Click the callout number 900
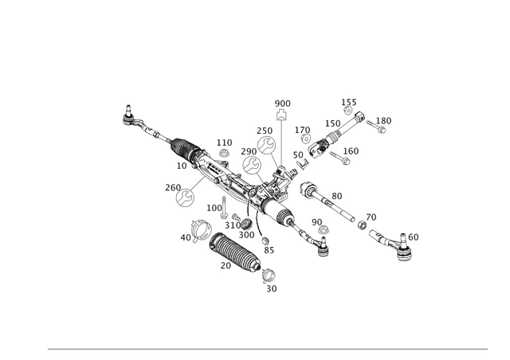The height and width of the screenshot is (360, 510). tap(283, 104)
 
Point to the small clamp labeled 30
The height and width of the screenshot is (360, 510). tap(269, 276)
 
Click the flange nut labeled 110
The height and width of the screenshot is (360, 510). tap(224, 153)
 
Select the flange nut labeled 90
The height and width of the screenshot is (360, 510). tap(324, 231)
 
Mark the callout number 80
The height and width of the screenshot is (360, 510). tap(336, 196)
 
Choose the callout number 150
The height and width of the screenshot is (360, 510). tap(332, 123)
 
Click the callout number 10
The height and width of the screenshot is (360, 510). tap(182, 166)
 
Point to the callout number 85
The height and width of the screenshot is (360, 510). tap(269, 250)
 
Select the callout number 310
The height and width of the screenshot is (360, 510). tap(232, 225)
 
